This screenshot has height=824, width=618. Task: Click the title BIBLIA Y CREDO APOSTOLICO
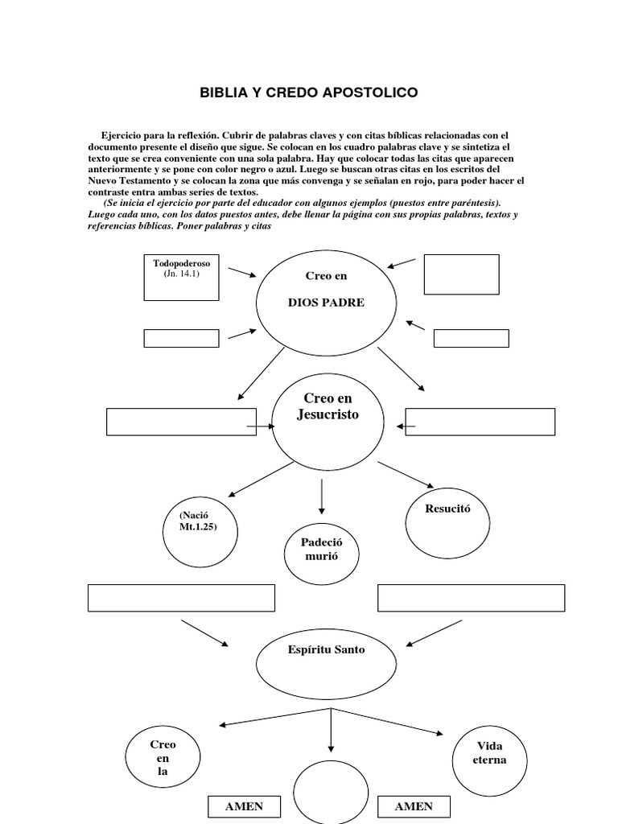tap(309, 93)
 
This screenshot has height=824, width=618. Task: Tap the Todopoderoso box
tap(181, 277)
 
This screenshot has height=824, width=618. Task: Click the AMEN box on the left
tap(244, 807)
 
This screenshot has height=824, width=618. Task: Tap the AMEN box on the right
tap(414, 807)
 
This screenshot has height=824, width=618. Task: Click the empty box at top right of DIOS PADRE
tap(461, 274)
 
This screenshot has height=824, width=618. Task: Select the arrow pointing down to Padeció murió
tap(322, 496)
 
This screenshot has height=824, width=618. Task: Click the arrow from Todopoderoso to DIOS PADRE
tap(241, 273)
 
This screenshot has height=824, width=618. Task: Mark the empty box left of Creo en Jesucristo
tap(181, 422)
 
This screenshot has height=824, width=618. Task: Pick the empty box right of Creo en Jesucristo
tap(480, 422)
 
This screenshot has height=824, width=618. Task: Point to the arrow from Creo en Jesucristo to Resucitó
tap(406, 476)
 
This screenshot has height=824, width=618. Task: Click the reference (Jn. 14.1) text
tap(181, 274)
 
